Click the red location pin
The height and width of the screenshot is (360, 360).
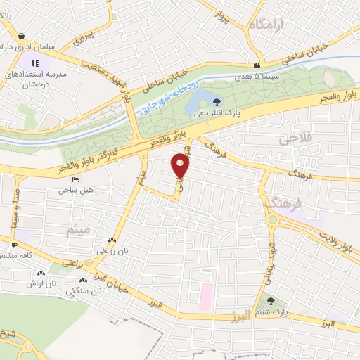[x=181, y=167]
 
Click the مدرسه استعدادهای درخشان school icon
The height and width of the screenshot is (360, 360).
[x=35, y=63]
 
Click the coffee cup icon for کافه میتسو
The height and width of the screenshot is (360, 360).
[x=13, y=245]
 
